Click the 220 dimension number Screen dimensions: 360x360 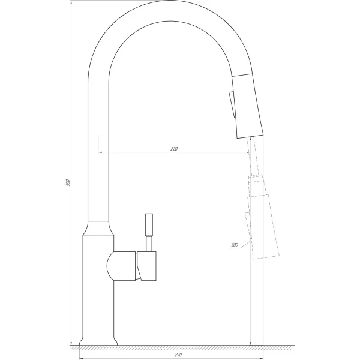point(175,148)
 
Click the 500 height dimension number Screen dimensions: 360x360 point(68,181)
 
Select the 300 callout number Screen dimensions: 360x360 point(234,245)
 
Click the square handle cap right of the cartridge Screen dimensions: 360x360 point(148,266)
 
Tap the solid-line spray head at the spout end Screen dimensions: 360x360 point(247,105)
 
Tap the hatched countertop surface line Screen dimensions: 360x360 point(180,347)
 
